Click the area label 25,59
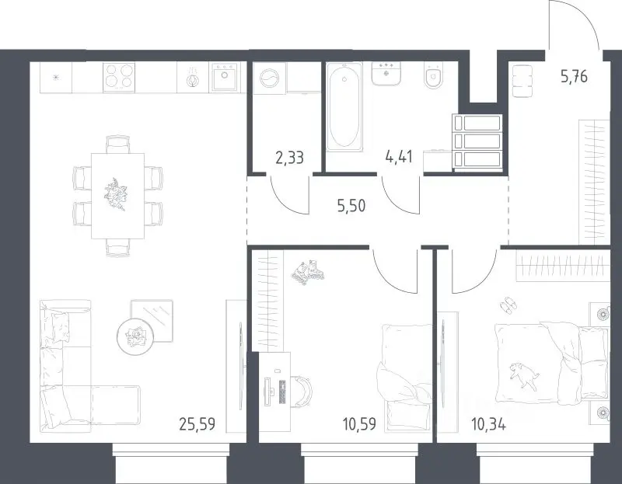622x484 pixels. (x=197, y=424)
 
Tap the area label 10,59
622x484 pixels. (x=359, y=424)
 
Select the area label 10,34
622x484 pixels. (x=488, y=425)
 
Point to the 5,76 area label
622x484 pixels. (x=574, y=76)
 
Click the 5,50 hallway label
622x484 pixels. (x=351, y=206)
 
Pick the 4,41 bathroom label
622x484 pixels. (x=399, y=157)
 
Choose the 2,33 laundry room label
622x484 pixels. (x=289, y=158)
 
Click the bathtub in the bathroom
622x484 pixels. (x=344, y=107)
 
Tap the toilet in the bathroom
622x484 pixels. (x=434, y=75)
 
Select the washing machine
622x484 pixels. (x=269, y=78)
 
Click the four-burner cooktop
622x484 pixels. (x=119, y=77)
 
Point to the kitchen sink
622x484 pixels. (x=224, y=77)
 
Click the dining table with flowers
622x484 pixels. (x=117, y=196)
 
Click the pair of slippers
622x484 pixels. (x=508, y=305)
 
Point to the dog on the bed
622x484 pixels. (x=523, y=373)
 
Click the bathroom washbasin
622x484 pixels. (x=386, y=73)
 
